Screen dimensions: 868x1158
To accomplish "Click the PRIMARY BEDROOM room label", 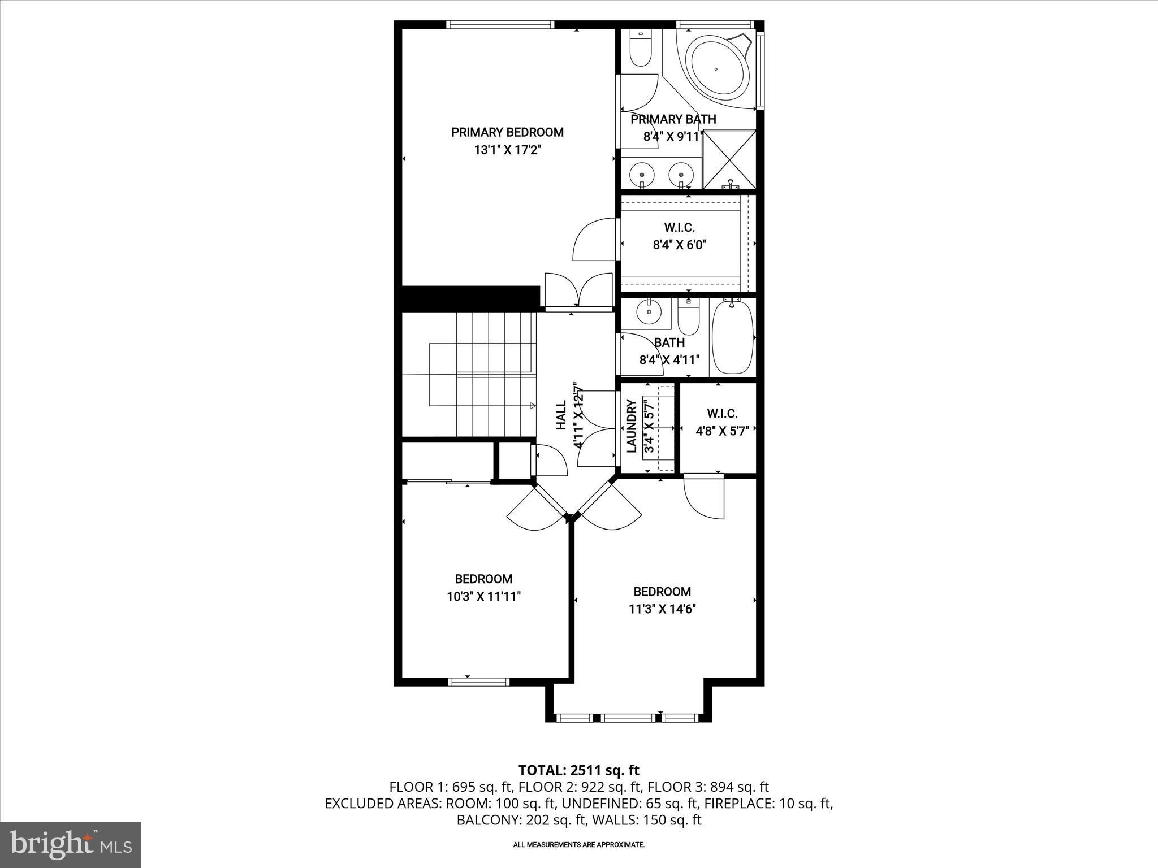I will [x=507, y=132].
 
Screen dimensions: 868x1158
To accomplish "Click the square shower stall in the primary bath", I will [x=729, y=159].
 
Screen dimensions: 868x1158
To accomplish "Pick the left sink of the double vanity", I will [x=642, y=173].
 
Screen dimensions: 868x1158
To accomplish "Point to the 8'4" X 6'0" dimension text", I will [x=680, y=245].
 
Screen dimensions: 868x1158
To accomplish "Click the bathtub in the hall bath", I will [x=732, y=337].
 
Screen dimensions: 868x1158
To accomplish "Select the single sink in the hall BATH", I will [x=649, y=311].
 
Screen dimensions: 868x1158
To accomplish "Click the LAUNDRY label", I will [x=632, y=426].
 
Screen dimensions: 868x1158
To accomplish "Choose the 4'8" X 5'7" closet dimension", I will [x=722, y=431].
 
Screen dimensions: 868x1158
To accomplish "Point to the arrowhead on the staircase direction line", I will [x=533, y=405].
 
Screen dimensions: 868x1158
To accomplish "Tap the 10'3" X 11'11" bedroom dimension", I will [x=483, y=597].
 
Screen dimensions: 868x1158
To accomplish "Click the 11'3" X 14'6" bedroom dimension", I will [x=662, y=609].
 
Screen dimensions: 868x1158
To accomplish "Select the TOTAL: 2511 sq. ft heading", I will [x=578, y=770].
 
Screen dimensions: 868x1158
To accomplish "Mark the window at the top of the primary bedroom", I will [x=499, y=24].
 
